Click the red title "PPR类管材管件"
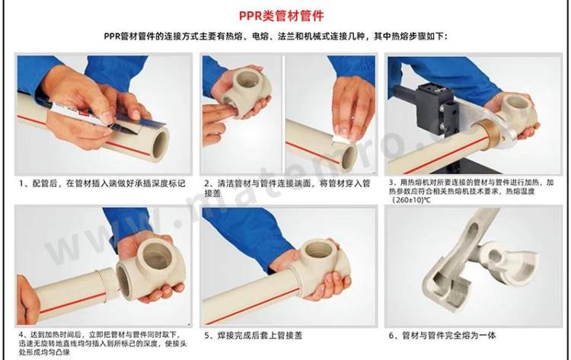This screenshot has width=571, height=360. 282,16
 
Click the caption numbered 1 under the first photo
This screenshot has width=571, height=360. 102,183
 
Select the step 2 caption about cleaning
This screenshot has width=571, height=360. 287,188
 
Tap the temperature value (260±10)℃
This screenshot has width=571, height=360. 411,200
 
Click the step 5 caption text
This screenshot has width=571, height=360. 253,335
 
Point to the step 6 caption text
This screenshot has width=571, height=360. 442,335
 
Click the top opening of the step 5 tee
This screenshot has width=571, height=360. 318,249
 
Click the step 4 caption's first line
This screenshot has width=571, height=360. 100,334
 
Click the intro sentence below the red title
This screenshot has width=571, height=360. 276,37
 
